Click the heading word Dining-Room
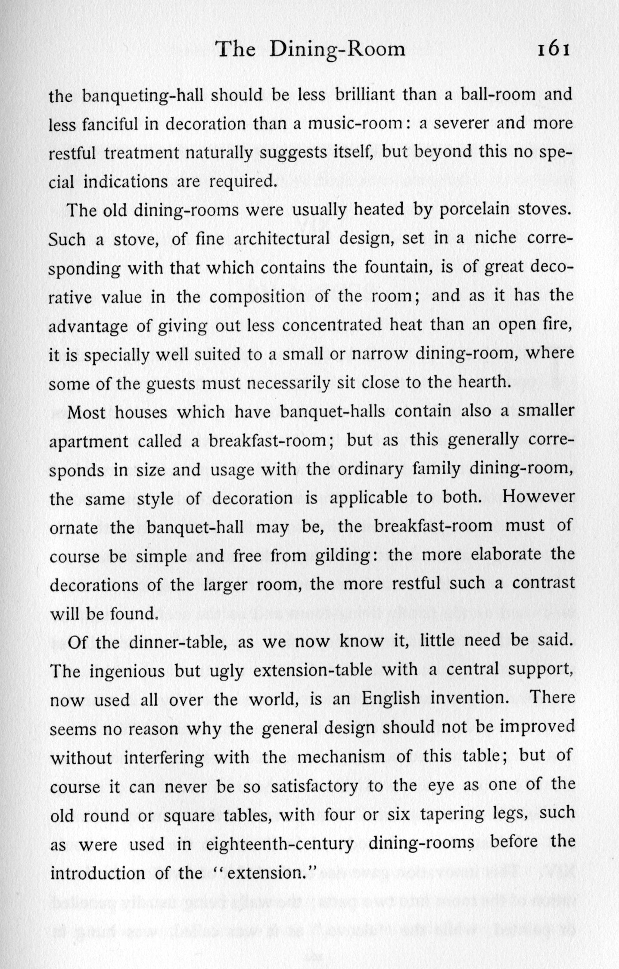(x=337, y=50)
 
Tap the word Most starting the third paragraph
(x=86, y=412)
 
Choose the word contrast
(x=543, y=583)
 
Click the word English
(x=390, y=699)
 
